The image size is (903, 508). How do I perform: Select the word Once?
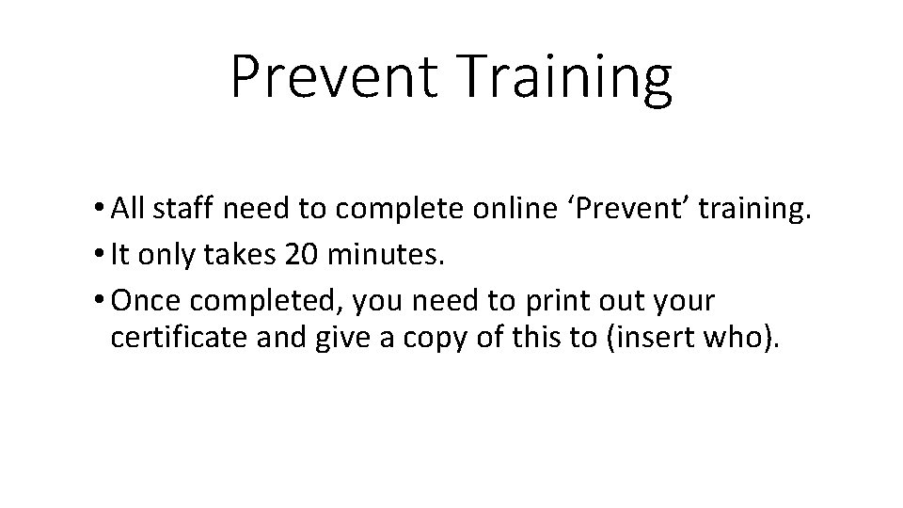143,302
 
